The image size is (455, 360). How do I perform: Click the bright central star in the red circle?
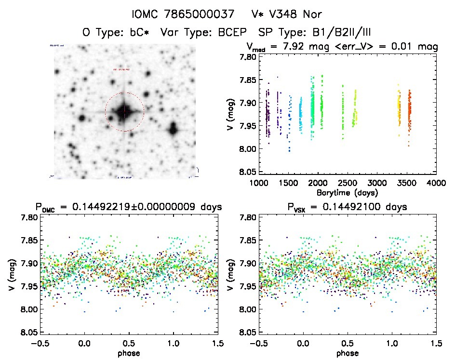point(124,112)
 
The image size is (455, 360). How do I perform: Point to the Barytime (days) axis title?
point(348,192)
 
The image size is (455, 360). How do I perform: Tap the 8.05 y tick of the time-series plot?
point(245,172)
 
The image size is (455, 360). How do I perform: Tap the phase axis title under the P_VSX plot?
point(348,353)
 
